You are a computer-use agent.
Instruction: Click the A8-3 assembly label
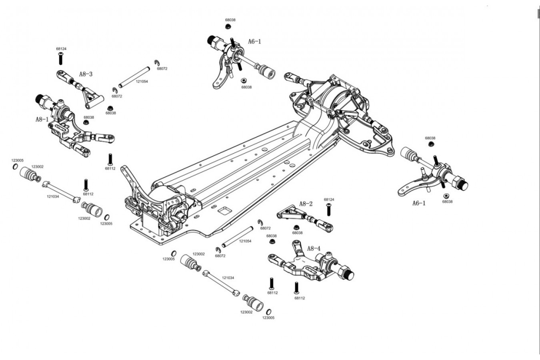click(86, 74)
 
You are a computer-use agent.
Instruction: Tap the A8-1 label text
click(42, 119)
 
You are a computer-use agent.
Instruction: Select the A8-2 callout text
click(306, 204)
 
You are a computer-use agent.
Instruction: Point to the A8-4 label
click(314, 248)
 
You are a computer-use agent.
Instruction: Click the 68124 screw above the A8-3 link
click(61, 58)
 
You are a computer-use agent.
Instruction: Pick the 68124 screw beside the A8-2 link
click(328, 209)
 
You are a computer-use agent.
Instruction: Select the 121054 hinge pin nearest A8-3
click(134, 77)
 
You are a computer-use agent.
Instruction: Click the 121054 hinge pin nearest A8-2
click(238, 237)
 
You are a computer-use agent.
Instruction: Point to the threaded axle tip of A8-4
click(350, 276)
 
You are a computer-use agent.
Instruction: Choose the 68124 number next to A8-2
click(329, 200)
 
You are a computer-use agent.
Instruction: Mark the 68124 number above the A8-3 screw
click(61, 49)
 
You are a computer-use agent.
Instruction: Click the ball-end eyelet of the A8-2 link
click(329, 228)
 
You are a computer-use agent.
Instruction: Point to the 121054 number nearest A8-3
click(142, 82)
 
